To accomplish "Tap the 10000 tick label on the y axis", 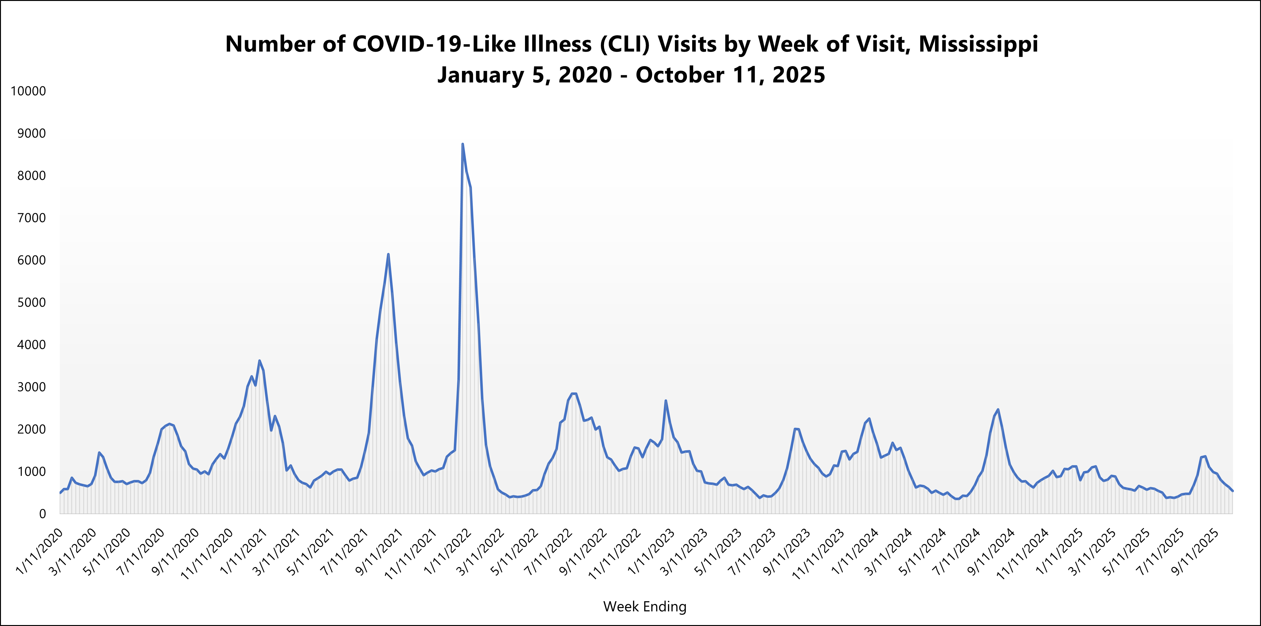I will [x=28, y=91].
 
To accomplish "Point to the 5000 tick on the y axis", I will [x=31, y=303].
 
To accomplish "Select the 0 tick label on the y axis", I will [x=42, y=514].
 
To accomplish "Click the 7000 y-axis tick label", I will [x=31, y=218].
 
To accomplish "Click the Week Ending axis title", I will [x=645, y=606].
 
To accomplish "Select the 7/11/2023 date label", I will [x=752, y=552].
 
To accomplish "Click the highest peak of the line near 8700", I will [x=463, y=144].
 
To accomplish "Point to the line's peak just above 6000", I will [x=388, y=254].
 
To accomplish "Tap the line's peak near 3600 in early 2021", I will [x=260, y=361].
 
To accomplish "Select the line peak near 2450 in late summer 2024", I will [x=998, y=410].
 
